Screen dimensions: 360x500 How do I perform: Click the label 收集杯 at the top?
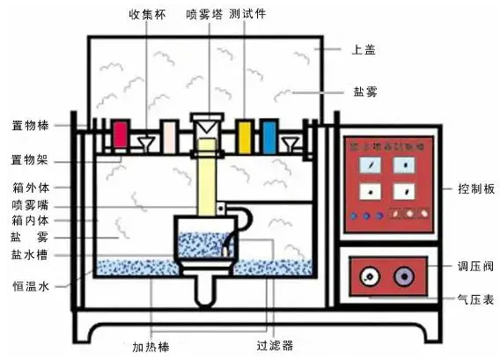(147, 14)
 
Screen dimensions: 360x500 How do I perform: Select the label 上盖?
(363, 50)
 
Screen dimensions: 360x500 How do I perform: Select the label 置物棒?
(29, 125)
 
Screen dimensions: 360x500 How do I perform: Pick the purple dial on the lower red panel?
(404, 276)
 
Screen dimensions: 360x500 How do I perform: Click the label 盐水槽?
(29, 256)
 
